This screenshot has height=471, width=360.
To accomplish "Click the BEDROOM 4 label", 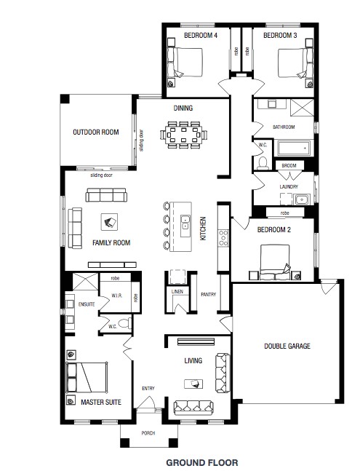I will click(201, 35).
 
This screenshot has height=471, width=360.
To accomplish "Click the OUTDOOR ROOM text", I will click(95, 132).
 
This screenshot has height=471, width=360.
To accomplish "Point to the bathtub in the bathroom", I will click(293, 149).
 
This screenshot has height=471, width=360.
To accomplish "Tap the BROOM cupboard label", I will click(289, 166).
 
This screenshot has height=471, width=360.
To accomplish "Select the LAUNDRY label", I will click(289, 186).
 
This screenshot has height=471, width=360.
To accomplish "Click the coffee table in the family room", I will click(111, 223).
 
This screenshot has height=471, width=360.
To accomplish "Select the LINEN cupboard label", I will click(177, 292).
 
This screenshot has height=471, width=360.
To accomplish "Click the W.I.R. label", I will click(116, 295).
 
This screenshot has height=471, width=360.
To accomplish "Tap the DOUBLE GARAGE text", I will click(287, 347).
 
